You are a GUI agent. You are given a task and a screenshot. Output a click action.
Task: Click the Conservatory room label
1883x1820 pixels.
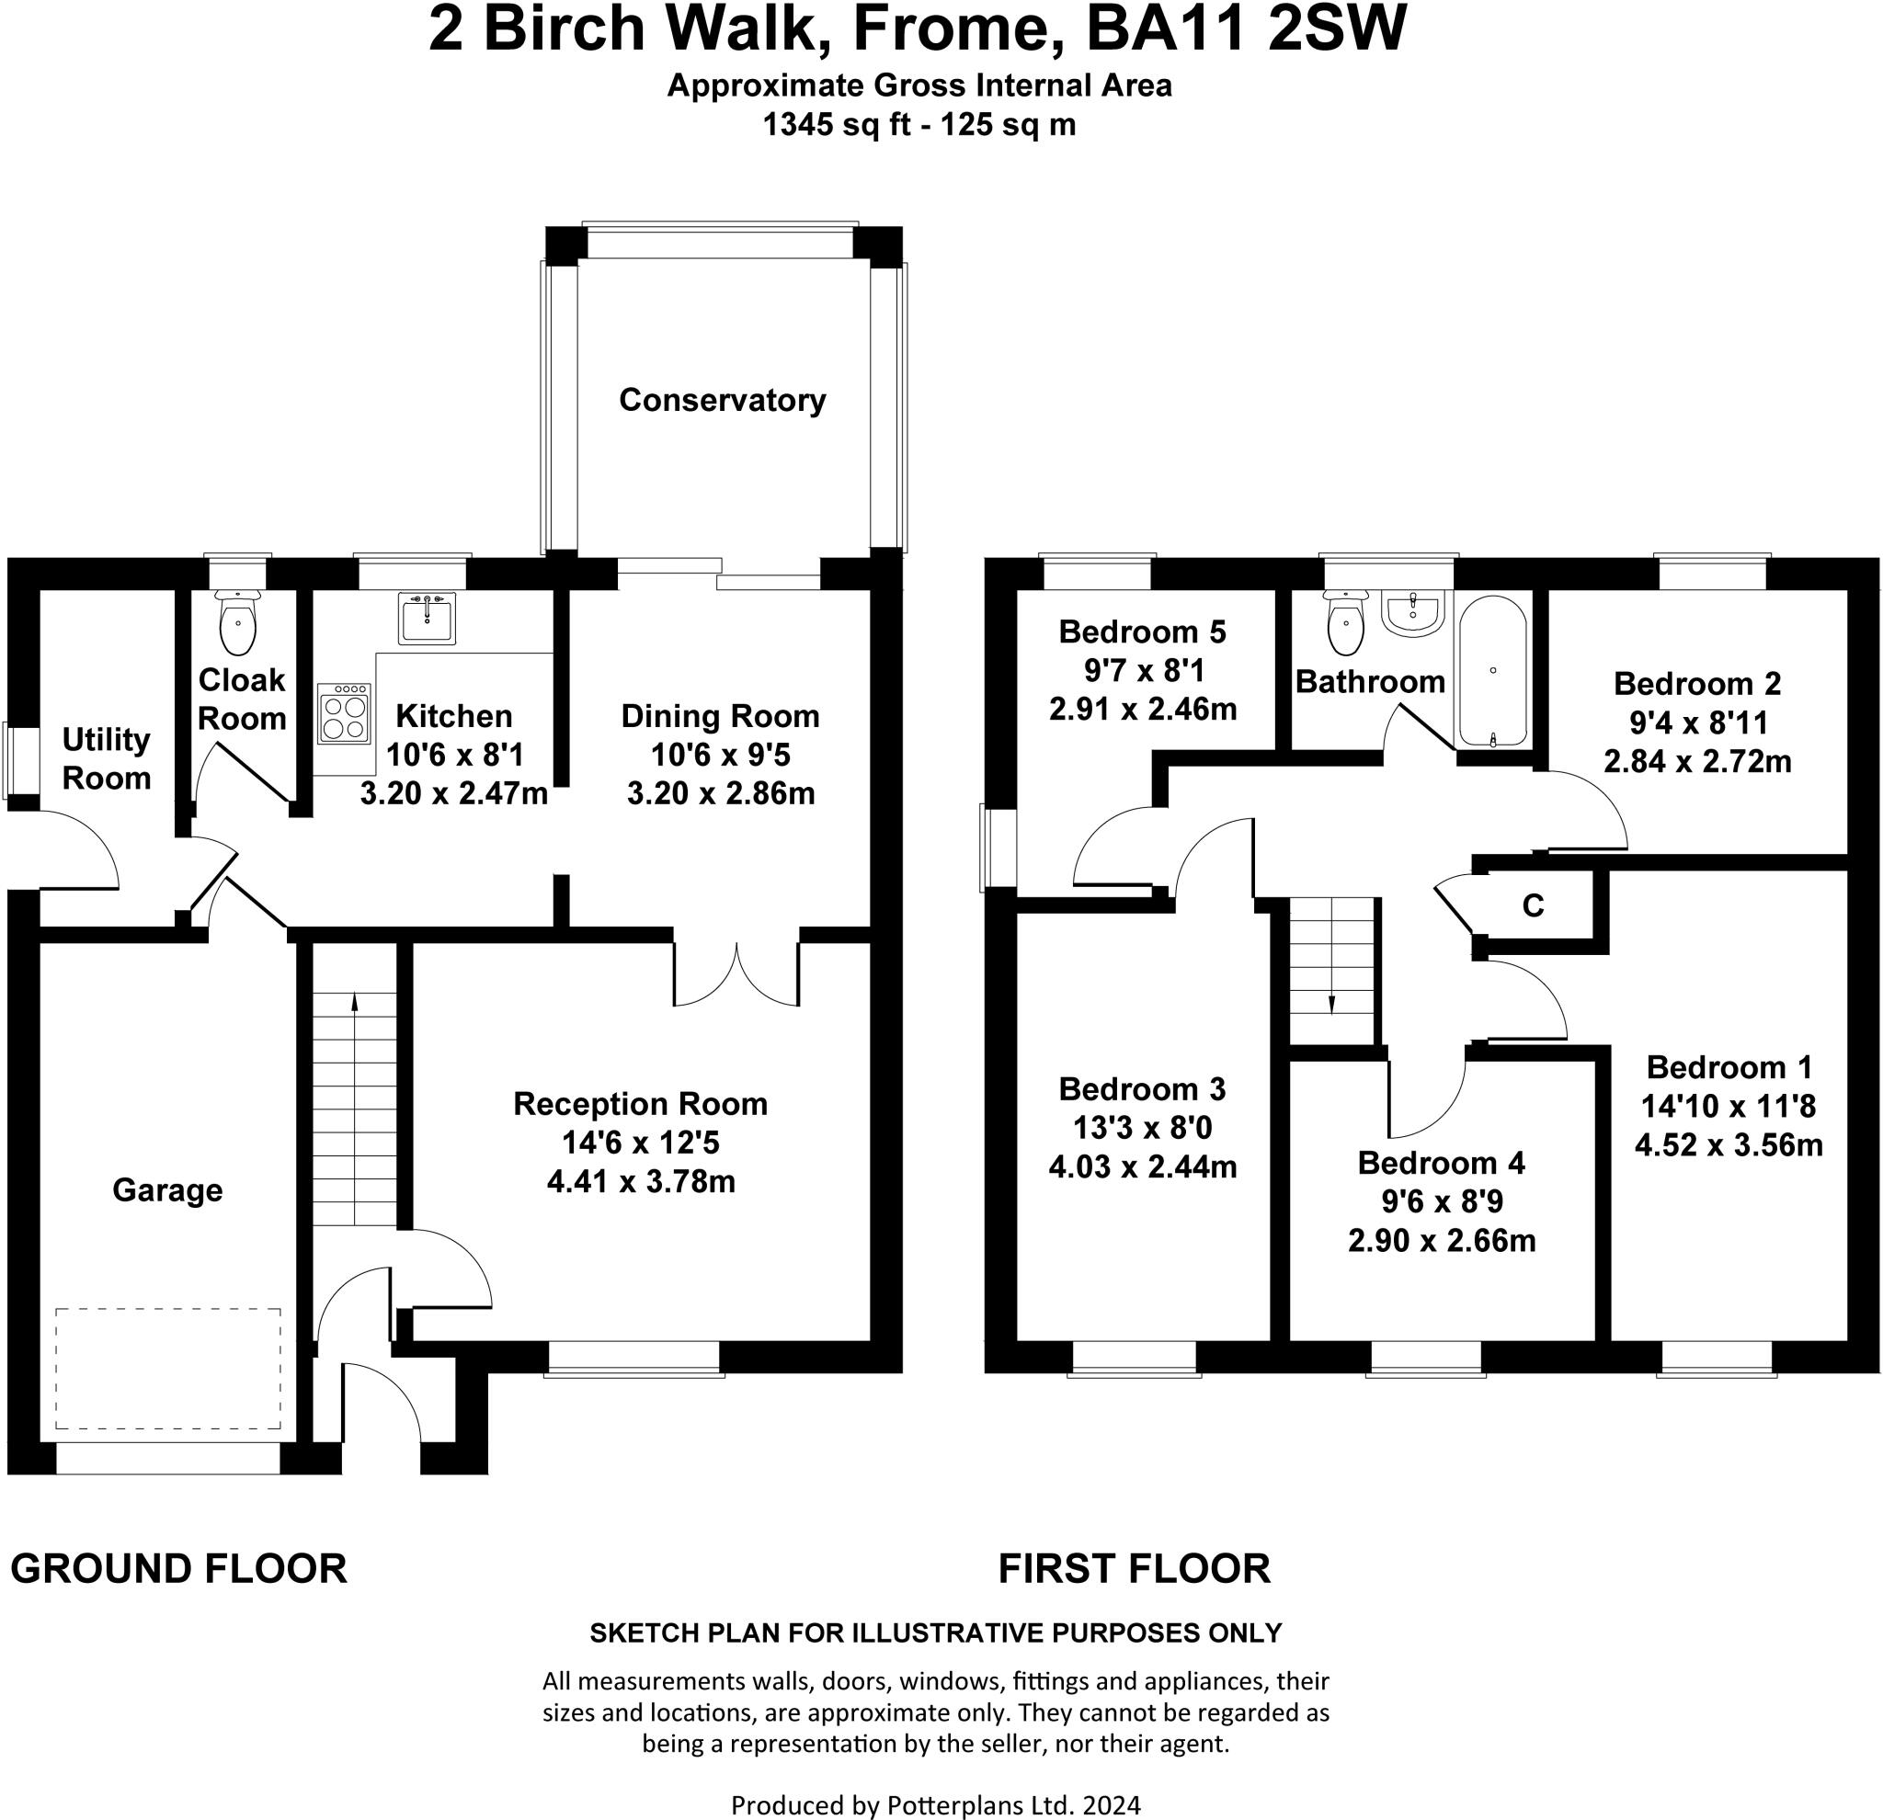[x=722, y=401]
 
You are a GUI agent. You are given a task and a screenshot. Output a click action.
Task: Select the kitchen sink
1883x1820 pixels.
[x=427, y=618]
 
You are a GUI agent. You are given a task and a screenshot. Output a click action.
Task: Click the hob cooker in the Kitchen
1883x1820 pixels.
[x=344, y=712]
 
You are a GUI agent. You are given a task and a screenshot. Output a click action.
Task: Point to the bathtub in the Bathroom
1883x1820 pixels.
[x=1492, y=670]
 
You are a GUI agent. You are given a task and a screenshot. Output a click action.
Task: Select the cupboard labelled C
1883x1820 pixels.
[x=1534, y=904]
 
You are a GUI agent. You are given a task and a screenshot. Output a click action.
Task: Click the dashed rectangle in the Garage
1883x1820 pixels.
[x=168, y=1369]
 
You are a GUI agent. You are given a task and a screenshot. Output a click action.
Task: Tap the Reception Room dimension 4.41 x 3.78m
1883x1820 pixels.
[x=641, y=1181]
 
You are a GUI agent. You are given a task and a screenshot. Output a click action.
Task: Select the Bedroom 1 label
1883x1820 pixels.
[x=1729, y=1067]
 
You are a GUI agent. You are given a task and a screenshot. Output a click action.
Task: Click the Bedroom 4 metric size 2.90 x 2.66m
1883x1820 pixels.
[x=1442, y=1241]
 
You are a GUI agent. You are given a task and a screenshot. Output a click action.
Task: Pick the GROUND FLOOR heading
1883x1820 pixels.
[x=178, y=1568]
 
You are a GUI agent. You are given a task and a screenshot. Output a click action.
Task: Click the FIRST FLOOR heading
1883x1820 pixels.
[x=1135, y=1568]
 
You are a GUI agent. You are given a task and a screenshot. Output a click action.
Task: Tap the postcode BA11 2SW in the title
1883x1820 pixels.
[x=1246, y=28]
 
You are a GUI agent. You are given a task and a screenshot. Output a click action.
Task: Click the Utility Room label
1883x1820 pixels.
[x=107, y=758]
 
